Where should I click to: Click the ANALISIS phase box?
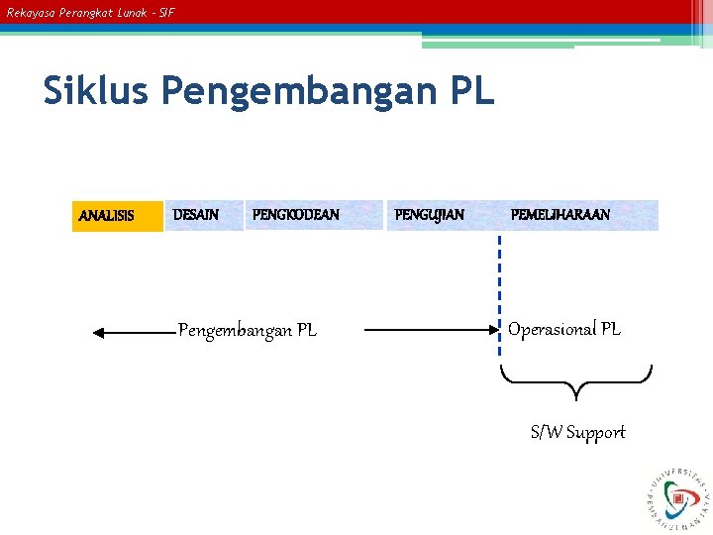[x=117, y=216]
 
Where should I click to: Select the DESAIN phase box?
[x=203, y=215]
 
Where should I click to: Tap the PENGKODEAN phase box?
[x=312, y=215]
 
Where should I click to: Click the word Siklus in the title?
[x=96, y=91]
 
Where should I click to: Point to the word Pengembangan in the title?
[x=293, y=92]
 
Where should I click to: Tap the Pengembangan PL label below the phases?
[x=248, y=331]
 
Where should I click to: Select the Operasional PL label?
[x=564, y=330]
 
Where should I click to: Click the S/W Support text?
[x=577, y=432]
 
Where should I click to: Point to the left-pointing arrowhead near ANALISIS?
[x=99, y=334]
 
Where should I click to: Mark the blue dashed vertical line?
[x=500, y=287]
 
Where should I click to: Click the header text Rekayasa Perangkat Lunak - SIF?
[x=90, y=13]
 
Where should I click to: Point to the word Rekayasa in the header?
[x=28, y=13]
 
